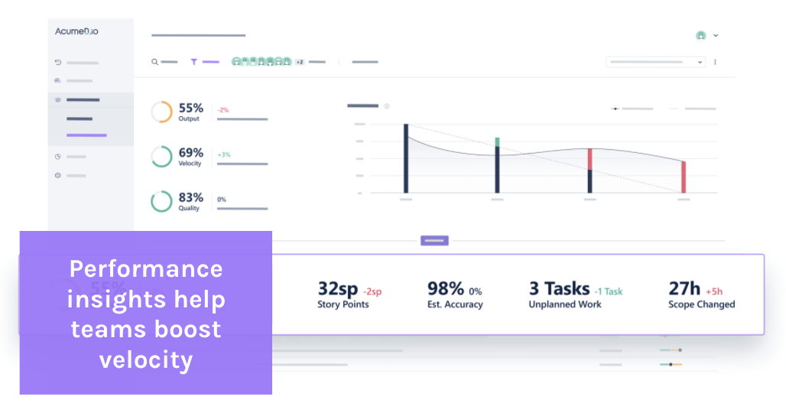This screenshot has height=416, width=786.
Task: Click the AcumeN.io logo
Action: pyautogui.click(x=76, y=31)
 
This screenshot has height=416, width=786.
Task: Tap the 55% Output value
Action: pyautogui.click(x=190, y=108)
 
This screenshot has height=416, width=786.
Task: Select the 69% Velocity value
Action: pyautogui.click(x=190, y=152)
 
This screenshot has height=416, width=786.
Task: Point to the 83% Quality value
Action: pyautogui.click(x=190, y=197)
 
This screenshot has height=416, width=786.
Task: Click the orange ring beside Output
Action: pyautogui.click(x=161, y=112)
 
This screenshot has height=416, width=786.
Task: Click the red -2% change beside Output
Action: pyautogui.click(x=223, y=110)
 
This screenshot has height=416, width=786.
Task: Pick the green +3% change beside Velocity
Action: pyautogui.click(x=224, y=154)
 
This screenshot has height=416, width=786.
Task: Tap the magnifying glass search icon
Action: pyautogui.click(x=154, y=62)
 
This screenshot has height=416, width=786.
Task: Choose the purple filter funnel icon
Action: pyautogui.click(x=193, y=62)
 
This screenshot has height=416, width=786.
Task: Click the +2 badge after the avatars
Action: pyautogui.click(x=300, y=62)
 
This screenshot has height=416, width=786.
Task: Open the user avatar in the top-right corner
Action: pyautogui.click(x=700, y=35)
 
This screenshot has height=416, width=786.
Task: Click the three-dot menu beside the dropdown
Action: pyautogui.click(x=716, y=62)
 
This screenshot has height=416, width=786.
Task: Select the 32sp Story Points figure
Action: pyautogui.click(x=338, y=289)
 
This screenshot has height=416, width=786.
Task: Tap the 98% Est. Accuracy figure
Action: pyautogui.click(x=446, y=289)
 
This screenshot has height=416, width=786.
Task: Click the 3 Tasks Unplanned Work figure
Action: pyautogui.click(x=559, y=289)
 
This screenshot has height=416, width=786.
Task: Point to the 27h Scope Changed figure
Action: pyautogui.click(x=684, y=289)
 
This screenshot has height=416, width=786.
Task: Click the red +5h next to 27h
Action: pyautogui.click(x=714, y=291)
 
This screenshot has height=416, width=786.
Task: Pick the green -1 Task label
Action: pyautogui.click(x=609, y=291)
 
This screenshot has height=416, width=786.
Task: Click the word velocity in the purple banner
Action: pyautogui.click(x=145, y=359)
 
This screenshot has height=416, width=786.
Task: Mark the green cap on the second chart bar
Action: pyautogui.click(x=497, y=142)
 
